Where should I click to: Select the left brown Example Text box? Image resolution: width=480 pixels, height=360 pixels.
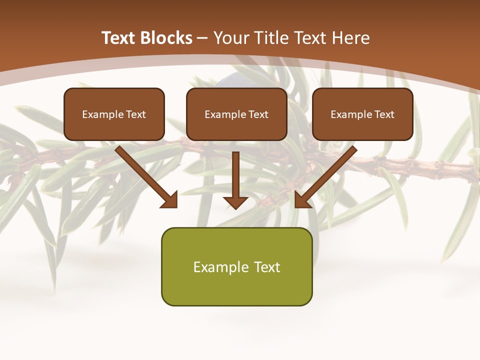114,114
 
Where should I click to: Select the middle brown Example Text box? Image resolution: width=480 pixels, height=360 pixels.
236,114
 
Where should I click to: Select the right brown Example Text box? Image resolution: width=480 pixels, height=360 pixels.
362,114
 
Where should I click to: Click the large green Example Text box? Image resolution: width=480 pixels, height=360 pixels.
236,267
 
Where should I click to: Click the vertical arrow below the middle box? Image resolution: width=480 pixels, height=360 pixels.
235,175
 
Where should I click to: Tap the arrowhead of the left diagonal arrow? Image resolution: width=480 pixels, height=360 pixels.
170,200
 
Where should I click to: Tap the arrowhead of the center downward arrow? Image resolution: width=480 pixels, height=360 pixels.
235,201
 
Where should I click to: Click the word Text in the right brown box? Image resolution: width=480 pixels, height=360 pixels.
384,114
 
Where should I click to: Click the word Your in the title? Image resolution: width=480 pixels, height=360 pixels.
231,38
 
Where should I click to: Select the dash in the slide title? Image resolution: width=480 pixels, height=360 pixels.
203,38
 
